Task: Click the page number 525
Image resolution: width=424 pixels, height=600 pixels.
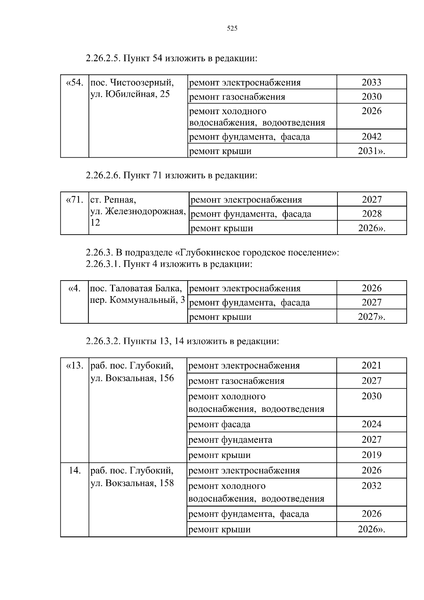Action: pyautogui.click(x=232, y=29)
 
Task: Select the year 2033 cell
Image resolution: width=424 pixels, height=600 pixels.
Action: pyautogui.click(x=371, y=82)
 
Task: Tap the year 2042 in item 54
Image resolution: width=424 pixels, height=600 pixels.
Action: pyautogui.click(x=371, y=136)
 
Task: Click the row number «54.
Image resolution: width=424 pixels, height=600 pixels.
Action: pyautogui.click(x=75, y=83)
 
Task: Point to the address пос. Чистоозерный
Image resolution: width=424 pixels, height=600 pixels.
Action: pyautogui.click(x=132, y=83)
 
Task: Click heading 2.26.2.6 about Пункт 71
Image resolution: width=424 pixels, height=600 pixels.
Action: pyautogui.click(x=171, y=175)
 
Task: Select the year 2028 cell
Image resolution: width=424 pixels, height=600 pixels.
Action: pyautogui.click(x=372, y=214)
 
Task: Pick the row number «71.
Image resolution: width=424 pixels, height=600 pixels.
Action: pyautogui.click(x=75, y=200)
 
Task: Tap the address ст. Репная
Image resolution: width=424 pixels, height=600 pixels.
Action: pyautogui.click(x=113, y=200)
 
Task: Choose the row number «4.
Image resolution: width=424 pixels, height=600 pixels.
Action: pyautogui.click(x=75, y=288)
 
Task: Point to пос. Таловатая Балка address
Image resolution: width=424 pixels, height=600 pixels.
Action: pyautogui.click(x=136, y=288)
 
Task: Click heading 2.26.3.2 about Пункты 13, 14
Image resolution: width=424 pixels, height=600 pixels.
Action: pyautogui.click(x=182, y=341)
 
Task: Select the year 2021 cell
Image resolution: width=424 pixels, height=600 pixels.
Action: pyautogui.click(x=371, y=365)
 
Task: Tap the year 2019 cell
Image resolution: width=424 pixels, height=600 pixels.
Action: pyautogui.click(x=371, y=455)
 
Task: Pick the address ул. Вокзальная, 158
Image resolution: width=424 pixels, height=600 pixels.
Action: pyautogui.click(x=132, y=483)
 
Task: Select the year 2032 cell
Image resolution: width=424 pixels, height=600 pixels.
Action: pyautogui.click(x=371, y=486)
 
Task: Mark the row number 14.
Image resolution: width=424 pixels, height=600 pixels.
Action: pyautogui.click(x=75, y=471)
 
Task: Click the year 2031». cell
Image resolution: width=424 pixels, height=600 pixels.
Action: pyautogui.click(x=371, y=151)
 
